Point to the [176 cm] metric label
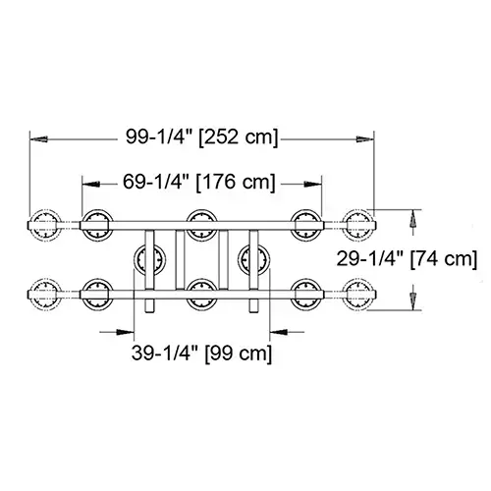click(236, 182)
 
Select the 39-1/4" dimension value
click(158, 351)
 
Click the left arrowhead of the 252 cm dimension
click(34, 138)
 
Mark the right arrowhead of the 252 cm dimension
click(370, 138)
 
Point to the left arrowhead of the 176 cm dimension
click(86, 182)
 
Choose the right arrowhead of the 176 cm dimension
click(316, 182)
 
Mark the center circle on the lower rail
click(201, 291)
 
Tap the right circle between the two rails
click(253, 258)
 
